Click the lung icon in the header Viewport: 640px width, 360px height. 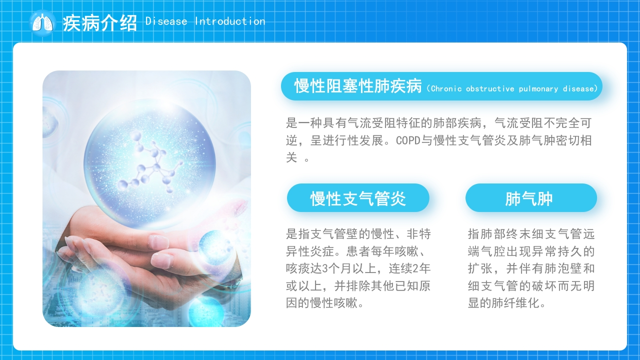(42, 23)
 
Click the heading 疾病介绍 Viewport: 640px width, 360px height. (99, 23)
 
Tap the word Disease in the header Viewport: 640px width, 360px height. (166, 21)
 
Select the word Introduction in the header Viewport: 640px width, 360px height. (230, 21)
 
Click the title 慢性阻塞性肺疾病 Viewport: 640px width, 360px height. (358, 85)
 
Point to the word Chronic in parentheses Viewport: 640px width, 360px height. (446, 89)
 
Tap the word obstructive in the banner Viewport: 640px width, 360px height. (490, 89)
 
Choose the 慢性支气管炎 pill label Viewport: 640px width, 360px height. (358, 198)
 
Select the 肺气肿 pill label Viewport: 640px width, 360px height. (529, 198)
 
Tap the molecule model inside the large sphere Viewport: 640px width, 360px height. (149, 162)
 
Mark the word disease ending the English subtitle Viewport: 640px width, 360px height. (578, 89)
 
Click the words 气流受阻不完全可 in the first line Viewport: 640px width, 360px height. (543, 123)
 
